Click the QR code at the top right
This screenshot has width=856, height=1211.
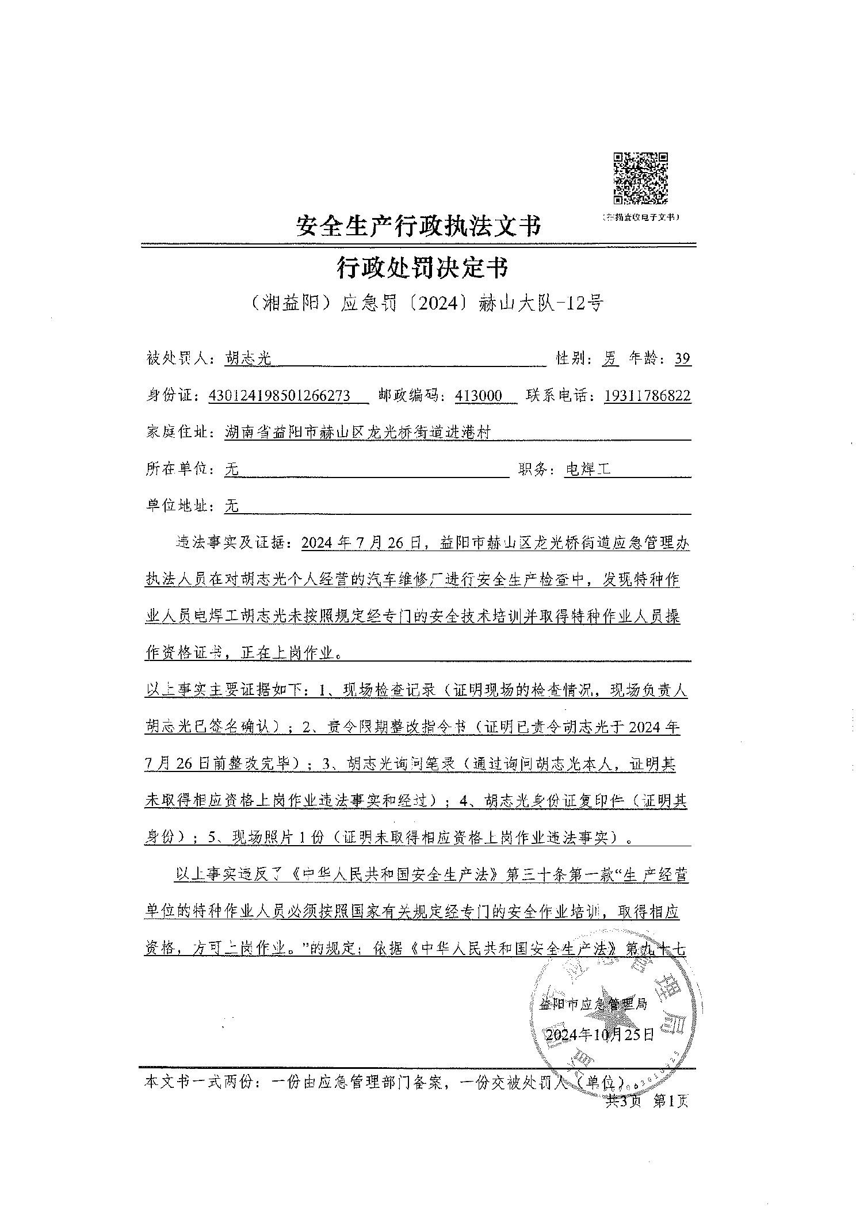[x=640, y=178]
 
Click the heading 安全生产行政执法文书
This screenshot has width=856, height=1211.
[x=418, y=225]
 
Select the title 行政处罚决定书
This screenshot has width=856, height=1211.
[x=422, y=268]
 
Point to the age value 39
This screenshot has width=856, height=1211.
[x=682, y=359]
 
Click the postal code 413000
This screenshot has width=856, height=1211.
[x=478, y=396]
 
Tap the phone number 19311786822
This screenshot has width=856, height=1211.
[x=647, y=396]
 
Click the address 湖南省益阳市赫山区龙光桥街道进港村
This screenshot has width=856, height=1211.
[x=357, y=433]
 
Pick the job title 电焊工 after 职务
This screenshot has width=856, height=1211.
[x=587, y=469]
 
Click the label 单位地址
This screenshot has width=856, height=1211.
[x=181, y=506]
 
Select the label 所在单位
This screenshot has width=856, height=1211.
[x=181, y=469]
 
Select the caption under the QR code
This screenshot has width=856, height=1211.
[x=640, y=217]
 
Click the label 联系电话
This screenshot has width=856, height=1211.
[x=561, y=396]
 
